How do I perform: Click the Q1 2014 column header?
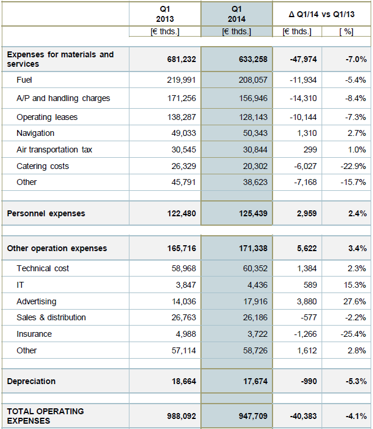pos(236,14)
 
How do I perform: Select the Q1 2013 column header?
pos(165,14)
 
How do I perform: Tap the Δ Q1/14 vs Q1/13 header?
pos(322,14)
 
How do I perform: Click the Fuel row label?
pos(24,80)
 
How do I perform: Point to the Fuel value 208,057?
pos(253,80)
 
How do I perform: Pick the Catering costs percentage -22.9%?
pos(353,166)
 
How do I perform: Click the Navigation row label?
pos(35,133)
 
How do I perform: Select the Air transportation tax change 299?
pos(310,149)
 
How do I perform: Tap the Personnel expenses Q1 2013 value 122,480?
pos(181,213)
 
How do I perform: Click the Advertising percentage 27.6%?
pos(355,301)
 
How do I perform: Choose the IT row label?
pos(20,285)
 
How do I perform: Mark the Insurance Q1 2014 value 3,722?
pos(258,334)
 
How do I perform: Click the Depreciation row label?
pos(31,381)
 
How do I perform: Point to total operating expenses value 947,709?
pos(253,416)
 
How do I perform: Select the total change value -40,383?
pos(303,416)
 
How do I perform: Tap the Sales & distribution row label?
pos(51,318)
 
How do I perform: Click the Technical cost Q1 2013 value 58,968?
pos(184,268)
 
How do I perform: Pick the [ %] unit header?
pos(346,32)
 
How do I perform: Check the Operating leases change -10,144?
pos(303,117)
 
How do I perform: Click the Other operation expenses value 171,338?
pos(253,248)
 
